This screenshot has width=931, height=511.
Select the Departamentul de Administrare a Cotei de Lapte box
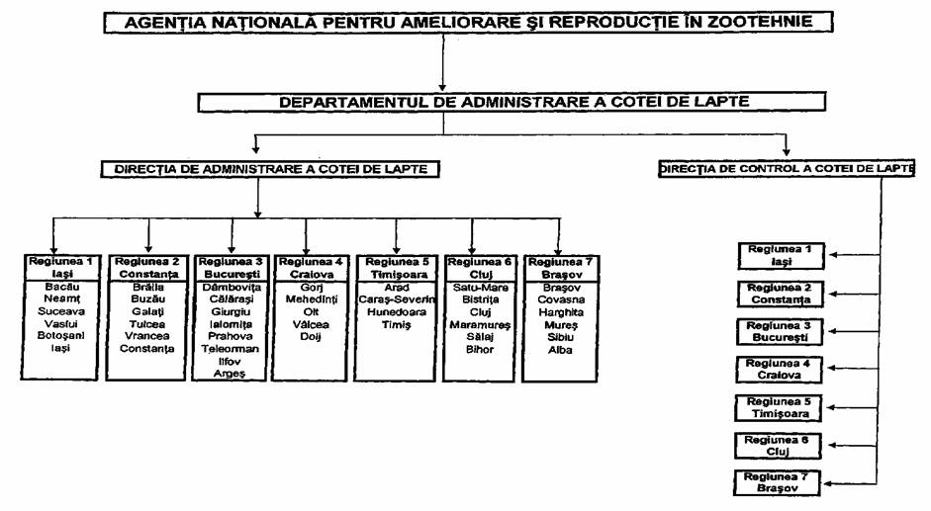(512, 102)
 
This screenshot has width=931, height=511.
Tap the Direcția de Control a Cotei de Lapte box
(787, 169)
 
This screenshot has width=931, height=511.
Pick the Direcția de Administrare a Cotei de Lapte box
(270, 169)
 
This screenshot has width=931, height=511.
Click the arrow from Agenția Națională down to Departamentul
(442, 62)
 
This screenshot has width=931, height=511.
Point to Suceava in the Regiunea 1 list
(61, 311)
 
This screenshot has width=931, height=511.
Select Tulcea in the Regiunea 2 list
(147, 324)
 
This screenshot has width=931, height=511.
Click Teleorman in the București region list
(230, 349)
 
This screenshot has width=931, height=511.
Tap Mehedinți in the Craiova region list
(311, 299)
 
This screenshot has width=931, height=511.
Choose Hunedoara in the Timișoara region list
(396, 312)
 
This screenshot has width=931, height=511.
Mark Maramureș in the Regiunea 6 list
(480, 324)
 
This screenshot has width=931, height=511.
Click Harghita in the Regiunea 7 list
(561, 312)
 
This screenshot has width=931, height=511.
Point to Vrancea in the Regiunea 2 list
(147, 336)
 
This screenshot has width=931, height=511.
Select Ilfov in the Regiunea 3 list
(230, 362)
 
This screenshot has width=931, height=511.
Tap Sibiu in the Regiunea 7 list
(561, 337)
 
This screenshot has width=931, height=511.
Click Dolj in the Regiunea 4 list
(311, 336)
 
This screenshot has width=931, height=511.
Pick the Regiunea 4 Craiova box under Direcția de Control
(779, 369)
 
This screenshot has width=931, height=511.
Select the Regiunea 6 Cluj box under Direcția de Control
(778, 446)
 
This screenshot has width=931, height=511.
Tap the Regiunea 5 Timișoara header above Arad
(396, 268)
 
